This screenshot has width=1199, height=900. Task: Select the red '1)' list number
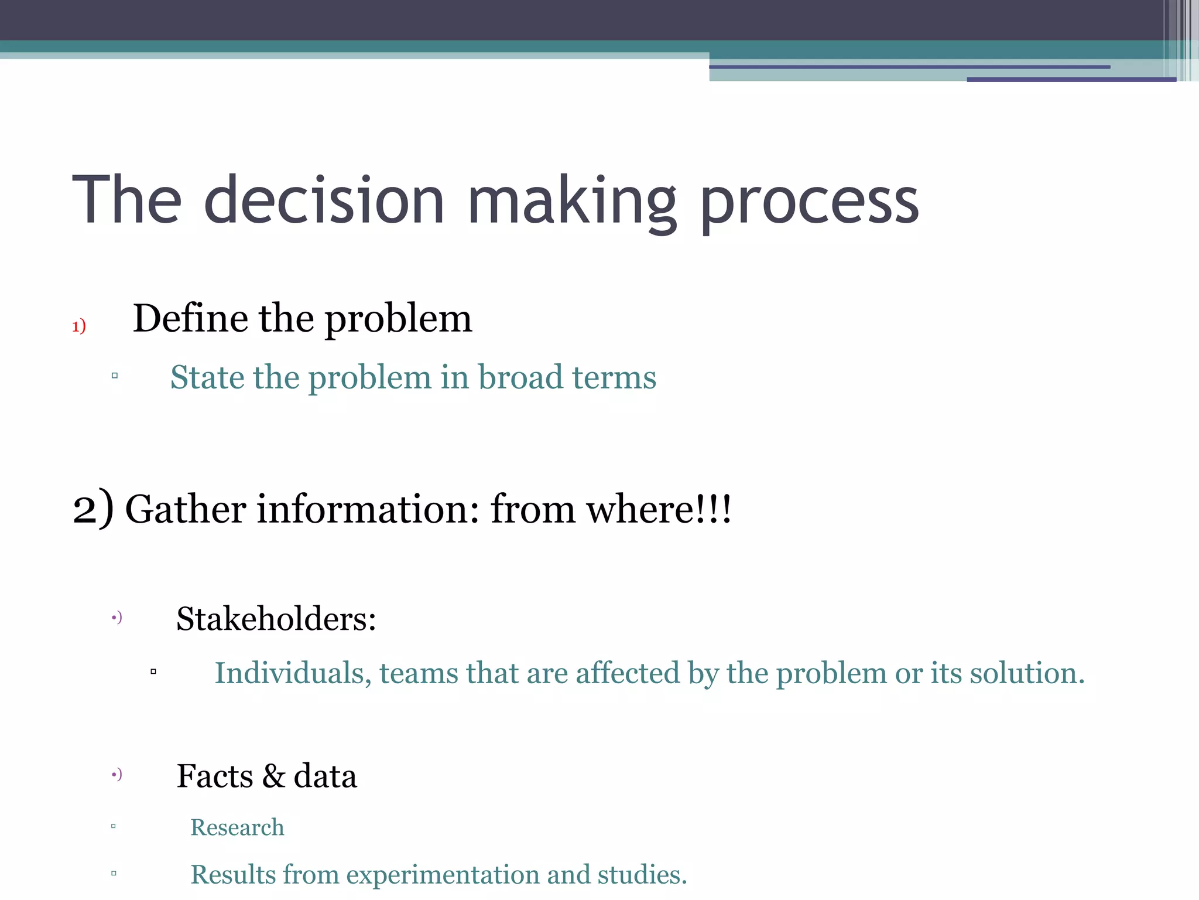tap(79, 326)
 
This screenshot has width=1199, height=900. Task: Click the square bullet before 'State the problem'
tap(115, 376)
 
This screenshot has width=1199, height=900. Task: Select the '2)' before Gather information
tap(93, 509)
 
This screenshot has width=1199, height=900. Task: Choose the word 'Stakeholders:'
tap(276, 619)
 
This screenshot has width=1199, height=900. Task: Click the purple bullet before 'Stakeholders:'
tap(117, 617)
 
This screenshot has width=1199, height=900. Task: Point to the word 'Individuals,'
tap(293, 673)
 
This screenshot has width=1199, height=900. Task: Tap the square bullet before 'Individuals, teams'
tap(153, 671)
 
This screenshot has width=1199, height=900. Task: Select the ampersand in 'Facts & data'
tap(273, 776)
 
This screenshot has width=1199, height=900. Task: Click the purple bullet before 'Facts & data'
tap(117, 775)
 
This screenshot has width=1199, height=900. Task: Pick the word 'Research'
tap(237, 827)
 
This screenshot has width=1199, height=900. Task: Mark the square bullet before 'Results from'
tap(114, 873)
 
